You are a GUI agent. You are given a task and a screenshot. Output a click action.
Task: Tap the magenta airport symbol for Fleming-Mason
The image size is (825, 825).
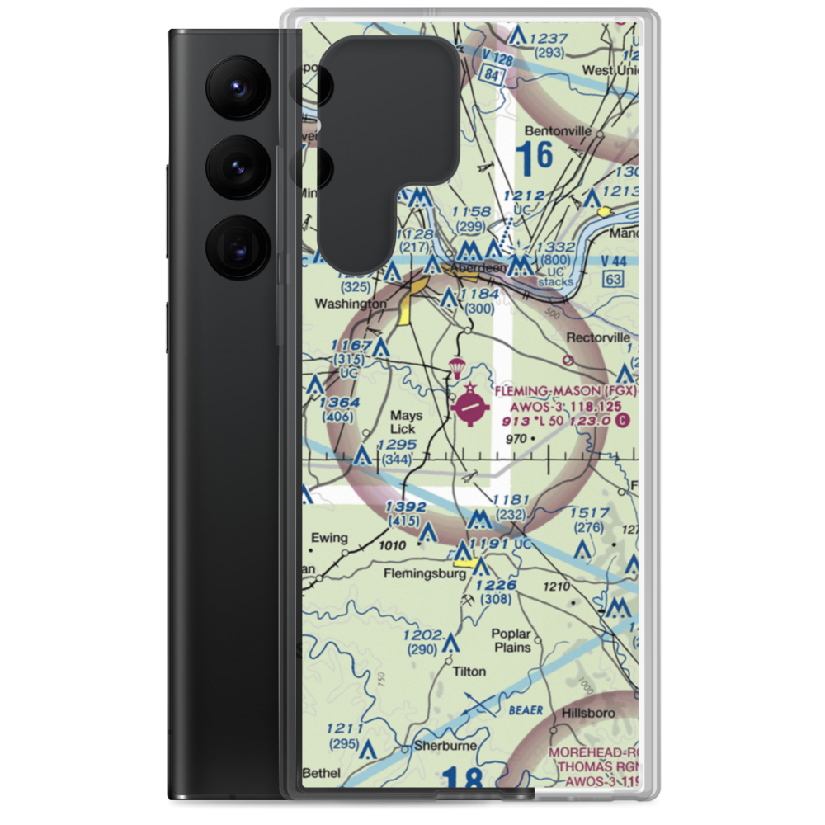click(471, 405)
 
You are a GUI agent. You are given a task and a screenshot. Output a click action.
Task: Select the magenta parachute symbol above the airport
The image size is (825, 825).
click(455, 366)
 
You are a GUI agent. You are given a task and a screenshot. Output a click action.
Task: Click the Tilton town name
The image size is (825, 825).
click(469, 672)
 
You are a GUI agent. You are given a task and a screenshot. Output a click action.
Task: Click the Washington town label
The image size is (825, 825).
click(351, 304)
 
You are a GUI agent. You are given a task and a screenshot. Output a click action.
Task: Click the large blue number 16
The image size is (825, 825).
click(534, 157)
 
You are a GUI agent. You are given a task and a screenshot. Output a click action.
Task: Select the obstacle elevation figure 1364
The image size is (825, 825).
click(340, 402)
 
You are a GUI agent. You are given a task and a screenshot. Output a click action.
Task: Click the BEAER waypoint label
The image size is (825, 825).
click(526, 709)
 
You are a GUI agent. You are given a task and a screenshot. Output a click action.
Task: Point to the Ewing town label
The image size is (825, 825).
click(328, 538)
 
